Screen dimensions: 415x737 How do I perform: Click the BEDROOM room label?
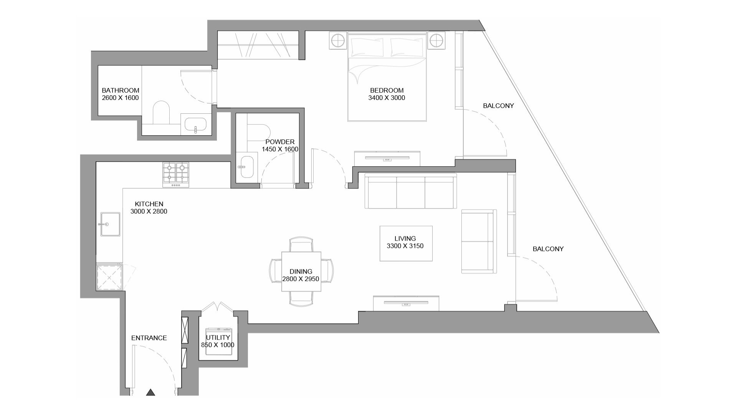(x=387, y=91)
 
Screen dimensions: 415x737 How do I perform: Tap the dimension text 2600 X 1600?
(x=120, y=98)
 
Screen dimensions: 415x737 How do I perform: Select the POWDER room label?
(x=280, y=142)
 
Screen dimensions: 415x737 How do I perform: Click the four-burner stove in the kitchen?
(x=176, y=173)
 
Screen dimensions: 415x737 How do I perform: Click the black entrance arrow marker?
(x=151, y=392)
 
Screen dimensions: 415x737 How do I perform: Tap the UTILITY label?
(x=218, y=338)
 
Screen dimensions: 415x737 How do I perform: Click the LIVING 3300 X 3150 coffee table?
(x=406, y=243)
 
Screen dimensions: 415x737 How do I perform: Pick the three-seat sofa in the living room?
(x=410, y=191)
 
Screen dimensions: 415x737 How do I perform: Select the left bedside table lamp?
(x=337, y=40)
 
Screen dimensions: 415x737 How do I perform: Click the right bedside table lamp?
(x=436, y=40)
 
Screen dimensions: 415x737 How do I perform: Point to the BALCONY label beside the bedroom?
(x=498, y=106)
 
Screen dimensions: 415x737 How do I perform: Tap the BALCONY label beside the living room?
(x=548, y=249)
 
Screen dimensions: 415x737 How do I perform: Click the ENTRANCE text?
(x=149, y=338)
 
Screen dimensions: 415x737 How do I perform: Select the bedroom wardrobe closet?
(x=258, y=45)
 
